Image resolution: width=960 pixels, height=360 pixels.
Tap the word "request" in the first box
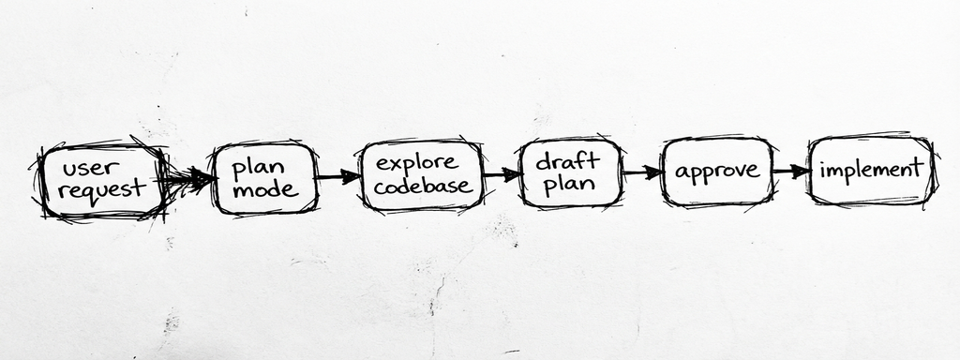pyautogui.click(x=101, y=190)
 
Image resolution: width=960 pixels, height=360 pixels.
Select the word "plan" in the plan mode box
pyautogui.click(x=251, y=167)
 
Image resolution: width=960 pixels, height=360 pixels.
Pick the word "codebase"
pyautogui.click(x=423, y=186)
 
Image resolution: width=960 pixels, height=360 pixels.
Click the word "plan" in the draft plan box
pyautogui.click(x=568, y=183)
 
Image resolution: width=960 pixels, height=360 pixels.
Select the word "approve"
pyautogui.click(x=716, y=172)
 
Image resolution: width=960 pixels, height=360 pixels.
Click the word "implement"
pyautogui.click(x=871, y=171)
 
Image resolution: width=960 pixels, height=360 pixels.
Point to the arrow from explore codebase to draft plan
pyautogui.click(x=502, y=174)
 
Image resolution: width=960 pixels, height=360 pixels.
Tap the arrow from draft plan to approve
pyautogui.click(x=641, y=172)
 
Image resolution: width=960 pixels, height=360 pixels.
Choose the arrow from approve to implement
pyautogui.click(x=790, y=172)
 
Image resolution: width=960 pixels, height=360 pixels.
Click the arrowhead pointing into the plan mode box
pyautogui.click(x=203, y=177)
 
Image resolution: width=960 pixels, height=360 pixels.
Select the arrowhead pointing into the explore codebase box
pyautogui.click(x=352, y=175)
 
